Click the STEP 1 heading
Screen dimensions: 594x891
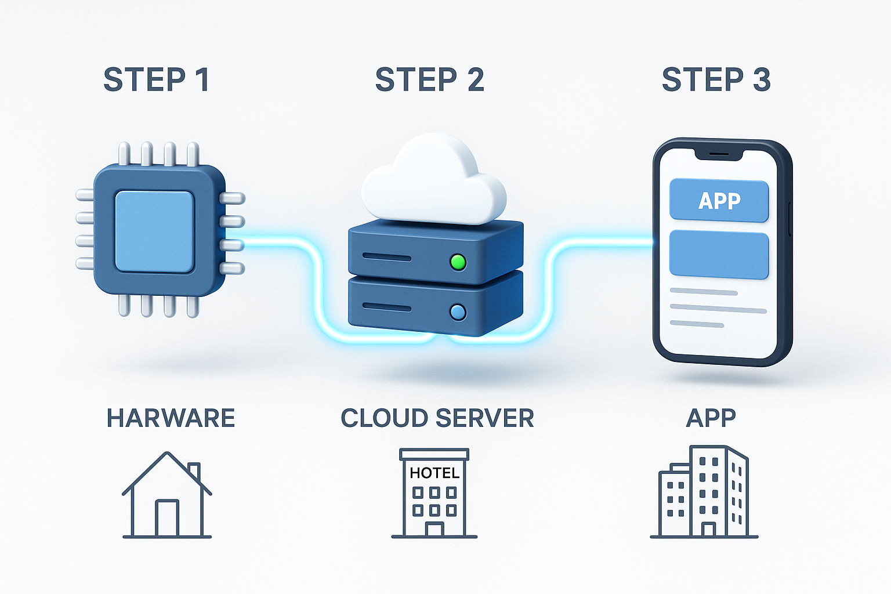click(x=156, y=80)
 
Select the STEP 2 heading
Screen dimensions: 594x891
click(x=429, y=80)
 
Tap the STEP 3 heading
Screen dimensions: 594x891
click(x=716, y=80)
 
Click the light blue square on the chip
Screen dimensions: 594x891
click(x=154, y=231)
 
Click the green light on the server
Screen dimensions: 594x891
click(x=458, y=262)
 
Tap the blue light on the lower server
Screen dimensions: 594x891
click(x=458, y=313)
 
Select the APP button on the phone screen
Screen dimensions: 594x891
click(x=719, y=201)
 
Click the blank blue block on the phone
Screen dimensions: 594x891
click(x=719, y=255)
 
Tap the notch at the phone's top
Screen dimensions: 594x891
click(x=719, y=154)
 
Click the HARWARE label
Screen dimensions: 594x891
click(x=171, y=418)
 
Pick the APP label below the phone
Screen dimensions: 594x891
click(x=711, y=418)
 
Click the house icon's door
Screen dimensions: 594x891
click(x=167, y=518)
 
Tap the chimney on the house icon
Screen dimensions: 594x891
click(x=194, y=470)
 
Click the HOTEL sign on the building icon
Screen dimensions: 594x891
click(x=434, y=473)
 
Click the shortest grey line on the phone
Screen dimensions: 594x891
click(x=697, y=324)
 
